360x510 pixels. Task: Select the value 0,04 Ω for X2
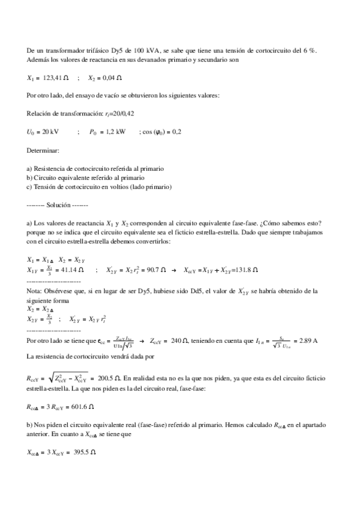111,78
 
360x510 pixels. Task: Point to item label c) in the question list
30,186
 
